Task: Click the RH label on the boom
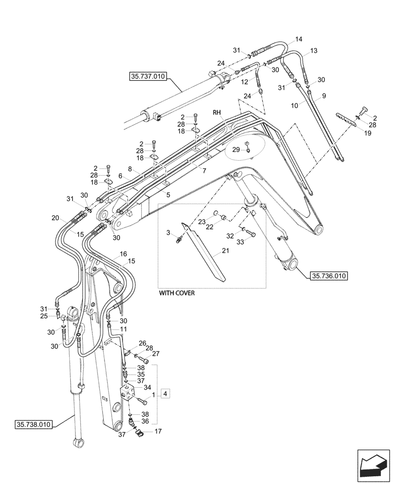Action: point(217,112)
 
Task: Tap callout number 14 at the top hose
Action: point(298,39)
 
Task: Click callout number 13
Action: point(314,51)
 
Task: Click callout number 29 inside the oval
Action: point(236,151)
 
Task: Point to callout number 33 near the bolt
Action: point(240,244)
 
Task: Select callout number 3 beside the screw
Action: point(168,234)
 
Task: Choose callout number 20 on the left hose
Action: point(55,218)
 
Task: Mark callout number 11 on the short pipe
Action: point(124,329)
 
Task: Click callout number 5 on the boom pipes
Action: point(167,195)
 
